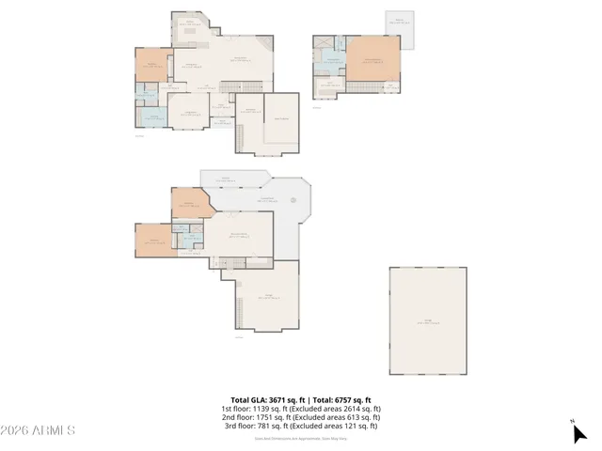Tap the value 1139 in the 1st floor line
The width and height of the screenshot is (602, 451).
click(x=263, y=409)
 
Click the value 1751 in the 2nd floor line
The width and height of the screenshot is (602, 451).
click(x=265, y=417)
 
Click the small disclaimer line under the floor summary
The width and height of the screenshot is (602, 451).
click(x=301, y=438)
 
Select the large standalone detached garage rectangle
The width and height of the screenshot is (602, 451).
click(x=428, y=321)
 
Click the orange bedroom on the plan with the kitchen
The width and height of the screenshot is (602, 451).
click(x=150, y=66)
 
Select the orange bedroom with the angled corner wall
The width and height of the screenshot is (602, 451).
click(x=188, y=202)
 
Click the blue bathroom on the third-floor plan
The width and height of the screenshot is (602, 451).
click(x=332, y=61)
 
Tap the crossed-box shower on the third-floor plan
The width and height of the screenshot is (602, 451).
click(x=322, y=43)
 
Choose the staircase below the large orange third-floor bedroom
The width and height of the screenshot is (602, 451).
click(x=367, y=87)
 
